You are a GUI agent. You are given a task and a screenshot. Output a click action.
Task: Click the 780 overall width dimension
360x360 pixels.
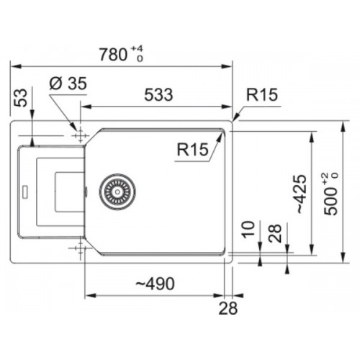click(x=113, y=55)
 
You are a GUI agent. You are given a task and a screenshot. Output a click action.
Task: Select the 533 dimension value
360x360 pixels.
click(x=158, y=94)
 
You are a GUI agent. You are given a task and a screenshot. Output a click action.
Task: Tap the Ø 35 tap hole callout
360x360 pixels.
click(x=68, y=84)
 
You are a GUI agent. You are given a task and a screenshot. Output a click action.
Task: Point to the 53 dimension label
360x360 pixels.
click(x=20, y=98)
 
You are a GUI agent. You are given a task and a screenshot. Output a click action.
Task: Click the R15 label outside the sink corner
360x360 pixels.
click(x=262, y=94)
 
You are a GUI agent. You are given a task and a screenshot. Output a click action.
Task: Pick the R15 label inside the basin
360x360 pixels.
click(x=193, y=149)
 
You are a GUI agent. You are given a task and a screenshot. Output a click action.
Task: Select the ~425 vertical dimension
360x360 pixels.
click(x=301, y=194)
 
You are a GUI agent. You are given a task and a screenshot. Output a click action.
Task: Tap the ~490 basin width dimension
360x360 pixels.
click(x=155, y=284)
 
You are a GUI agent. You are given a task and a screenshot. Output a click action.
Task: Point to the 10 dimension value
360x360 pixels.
click(x=248, y=230)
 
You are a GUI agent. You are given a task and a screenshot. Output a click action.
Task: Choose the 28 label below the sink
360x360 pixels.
click(x=228, y=308)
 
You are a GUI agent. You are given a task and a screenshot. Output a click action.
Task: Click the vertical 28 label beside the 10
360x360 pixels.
click(x=275, y=233)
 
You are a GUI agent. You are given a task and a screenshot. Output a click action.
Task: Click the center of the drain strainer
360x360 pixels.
click(x=117, y=192)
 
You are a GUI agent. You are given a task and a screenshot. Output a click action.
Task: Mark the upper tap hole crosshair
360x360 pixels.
click(x=80, y=136)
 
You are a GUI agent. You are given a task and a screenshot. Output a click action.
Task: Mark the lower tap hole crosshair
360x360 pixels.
click(x=80, y=248)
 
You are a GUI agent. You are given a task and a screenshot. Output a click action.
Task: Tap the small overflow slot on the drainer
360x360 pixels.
click(x=24, y=192)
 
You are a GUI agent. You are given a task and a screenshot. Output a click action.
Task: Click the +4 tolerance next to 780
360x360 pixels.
click(x=137, y=49)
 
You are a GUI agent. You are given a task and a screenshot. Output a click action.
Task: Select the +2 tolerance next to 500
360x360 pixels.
click(x=325, y=179)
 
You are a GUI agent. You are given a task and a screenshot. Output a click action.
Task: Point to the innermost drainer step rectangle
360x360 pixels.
click(x=70, y=192)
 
